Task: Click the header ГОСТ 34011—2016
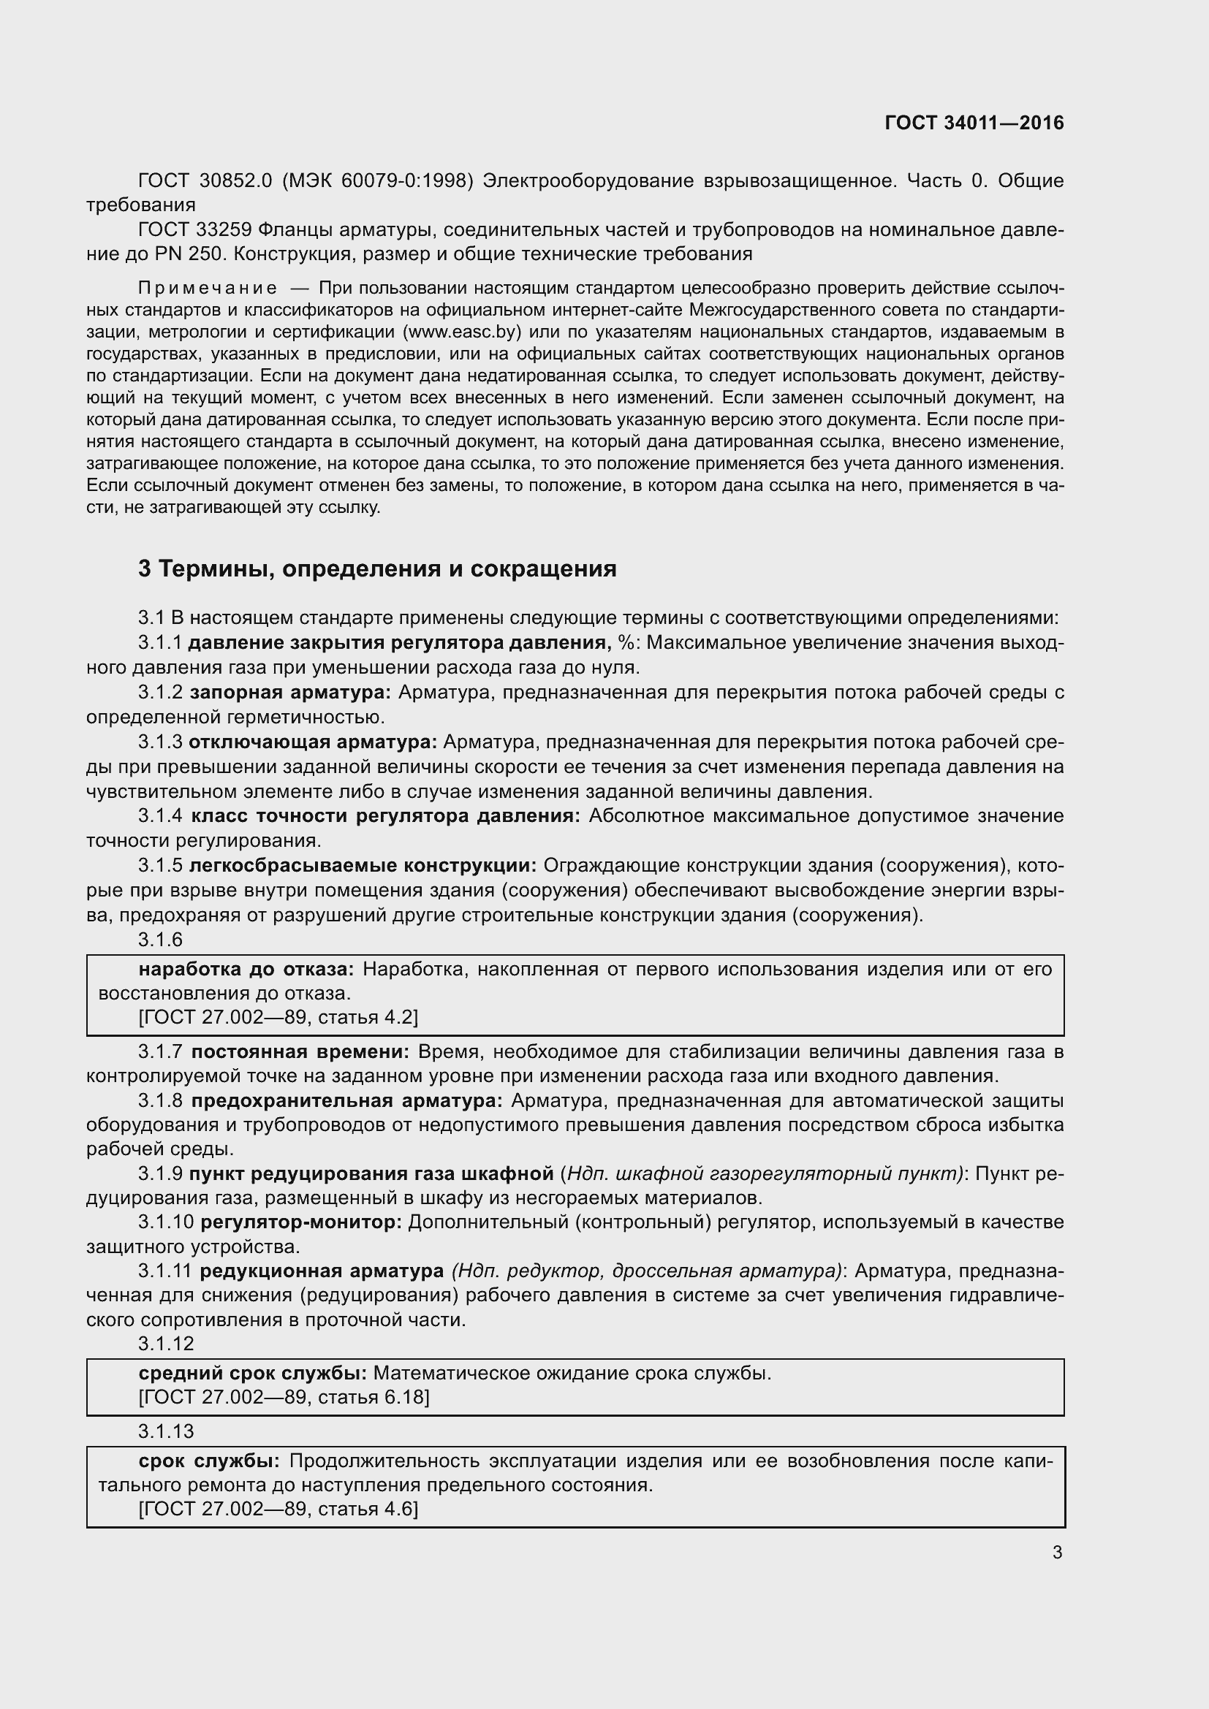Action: [x=974, y=123]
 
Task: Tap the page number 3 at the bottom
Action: [x=1057, y=1553]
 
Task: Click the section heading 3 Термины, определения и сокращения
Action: [x=377, y=568]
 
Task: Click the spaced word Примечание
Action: [x=208, y=288]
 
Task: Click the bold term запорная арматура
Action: [x=289, y=692]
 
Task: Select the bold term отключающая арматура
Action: [x=313, y=742]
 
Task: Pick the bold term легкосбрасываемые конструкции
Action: [x=363, y=866]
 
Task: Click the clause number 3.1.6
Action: [x=160, y=940]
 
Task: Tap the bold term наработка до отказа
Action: [x=246, y=969]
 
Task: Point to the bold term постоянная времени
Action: [x=300, y=1051]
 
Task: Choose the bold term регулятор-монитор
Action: [x=300, y=1222]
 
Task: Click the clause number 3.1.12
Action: [x=165, y=1344]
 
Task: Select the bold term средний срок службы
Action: [x=251, y=1374]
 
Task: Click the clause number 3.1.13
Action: [x=165, y=1431]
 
